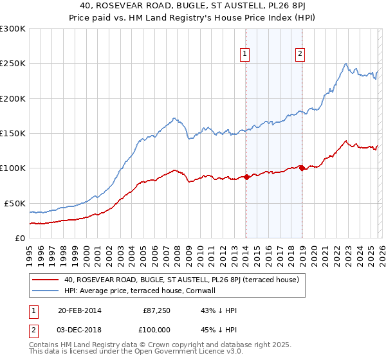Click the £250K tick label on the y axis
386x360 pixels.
pyautogui.click(x=13, y=64)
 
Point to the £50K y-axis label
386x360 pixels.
pyautogui.click(x=15, y=203)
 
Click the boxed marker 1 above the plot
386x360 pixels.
pyautogui.click(x=246, y=55)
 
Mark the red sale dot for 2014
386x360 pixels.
pyautogui.click(x=246, y=177)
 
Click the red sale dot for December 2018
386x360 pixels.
pyautogui.click(x=302, y=168)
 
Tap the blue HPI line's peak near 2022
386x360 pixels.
pyautogui.click(x=346, y=63)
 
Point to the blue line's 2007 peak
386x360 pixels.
pyautogui.click(x=174, y=118)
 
